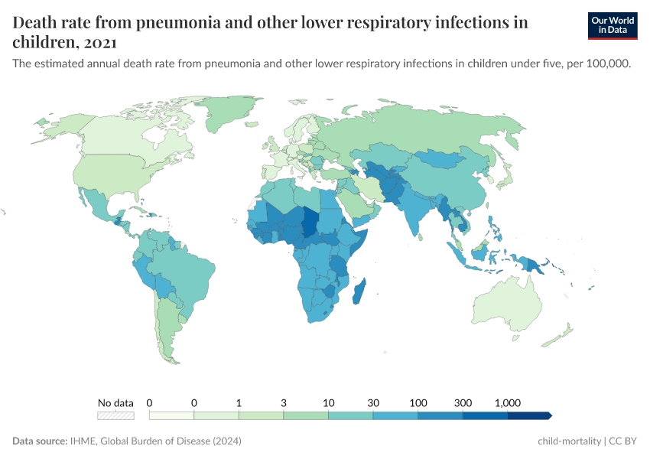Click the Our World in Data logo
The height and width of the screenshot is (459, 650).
613,25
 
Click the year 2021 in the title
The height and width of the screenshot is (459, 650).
98,41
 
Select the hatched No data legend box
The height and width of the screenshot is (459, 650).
115,415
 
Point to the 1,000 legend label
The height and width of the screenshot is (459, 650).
508,402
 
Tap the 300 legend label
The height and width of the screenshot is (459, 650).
463,402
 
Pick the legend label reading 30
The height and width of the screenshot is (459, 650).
373,402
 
